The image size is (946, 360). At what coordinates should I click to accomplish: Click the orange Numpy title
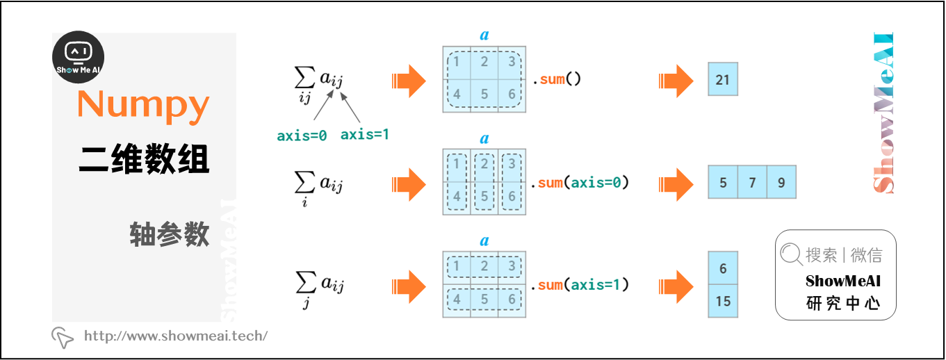143,105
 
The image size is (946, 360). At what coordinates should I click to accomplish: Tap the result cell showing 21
723,80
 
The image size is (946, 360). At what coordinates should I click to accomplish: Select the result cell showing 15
723,302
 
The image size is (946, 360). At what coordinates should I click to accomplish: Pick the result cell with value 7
752,183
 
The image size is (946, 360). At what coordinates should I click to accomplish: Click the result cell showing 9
781,183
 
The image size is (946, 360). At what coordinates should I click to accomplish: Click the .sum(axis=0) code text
580,183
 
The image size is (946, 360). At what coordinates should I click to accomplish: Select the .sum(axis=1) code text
580,284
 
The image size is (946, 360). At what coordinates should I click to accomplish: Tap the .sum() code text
557,79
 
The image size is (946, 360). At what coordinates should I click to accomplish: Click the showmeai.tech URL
176,336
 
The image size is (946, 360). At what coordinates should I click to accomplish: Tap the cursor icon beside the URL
63,337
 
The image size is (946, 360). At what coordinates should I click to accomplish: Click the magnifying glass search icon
791,255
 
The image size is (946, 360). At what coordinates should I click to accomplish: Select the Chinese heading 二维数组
144,160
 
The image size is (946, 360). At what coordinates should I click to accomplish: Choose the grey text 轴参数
169,236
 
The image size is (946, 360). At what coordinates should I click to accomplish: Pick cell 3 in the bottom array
512,266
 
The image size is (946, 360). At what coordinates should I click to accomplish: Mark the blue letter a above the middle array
484,139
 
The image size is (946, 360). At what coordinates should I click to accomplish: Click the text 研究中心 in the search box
843,304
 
